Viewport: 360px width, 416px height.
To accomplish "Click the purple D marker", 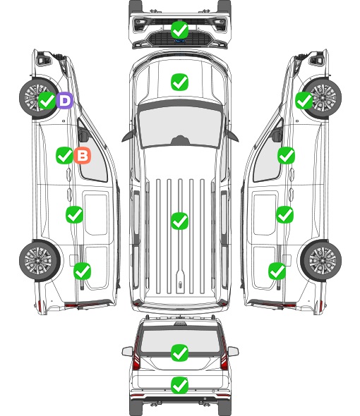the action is [x=64, y=101].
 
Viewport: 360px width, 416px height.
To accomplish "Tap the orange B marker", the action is [x=83, y=155].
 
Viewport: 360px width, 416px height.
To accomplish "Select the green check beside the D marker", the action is [x=47, y=101].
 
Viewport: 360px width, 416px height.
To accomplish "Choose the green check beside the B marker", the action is [x=64, y=155].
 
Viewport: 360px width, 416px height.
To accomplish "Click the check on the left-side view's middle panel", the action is [x=74, y=214].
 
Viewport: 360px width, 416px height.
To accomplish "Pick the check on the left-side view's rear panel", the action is [x=82, y=271].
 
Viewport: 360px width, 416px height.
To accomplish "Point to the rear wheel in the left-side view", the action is [x=40, y=261].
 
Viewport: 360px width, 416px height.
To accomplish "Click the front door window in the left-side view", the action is [x=93, y=157].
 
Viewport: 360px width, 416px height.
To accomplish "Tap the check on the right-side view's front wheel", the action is [x=304, y=101].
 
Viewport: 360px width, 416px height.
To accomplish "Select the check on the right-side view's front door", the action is [x=286, y=155].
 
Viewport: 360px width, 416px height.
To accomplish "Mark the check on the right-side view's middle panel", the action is [x=284, y=214].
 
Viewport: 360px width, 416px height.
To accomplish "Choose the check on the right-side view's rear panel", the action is [x=277, y=271].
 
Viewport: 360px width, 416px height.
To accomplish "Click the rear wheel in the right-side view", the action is [x=321, y=261].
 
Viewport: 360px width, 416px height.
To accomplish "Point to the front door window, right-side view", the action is [x=268, y=157].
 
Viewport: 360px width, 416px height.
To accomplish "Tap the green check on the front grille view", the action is [x=179, y=30].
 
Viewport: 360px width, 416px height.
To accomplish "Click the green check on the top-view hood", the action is [x=179, y=82].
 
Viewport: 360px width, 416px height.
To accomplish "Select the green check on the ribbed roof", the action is [x=179, y=221].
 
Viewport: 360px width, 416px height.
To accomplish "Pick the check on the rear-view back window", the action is [x=179, y=353].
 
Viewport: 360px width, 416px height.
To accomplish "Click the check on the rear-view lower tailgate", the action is [x=179, y=385].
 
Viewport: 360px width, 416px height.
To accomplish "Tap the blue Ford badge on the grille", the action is [x=179, y=41].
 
